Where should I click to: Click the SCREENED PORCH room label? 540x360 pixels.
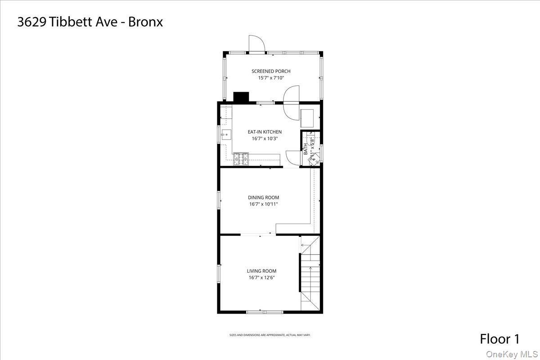(x=271, y=71)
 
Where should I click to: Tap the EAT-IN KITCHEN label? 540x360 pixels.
(x=265, y=132)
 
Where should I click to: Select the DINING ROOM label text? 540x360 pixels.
(x=263, y=197)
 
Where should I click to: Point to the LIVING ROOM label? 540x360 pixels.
(x=261, y=271)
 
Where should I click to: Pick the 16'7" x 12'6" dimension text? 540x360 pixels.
(x=261, y=278)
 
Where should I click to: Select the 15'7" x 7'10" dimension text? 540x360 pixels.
(x=271, y=78)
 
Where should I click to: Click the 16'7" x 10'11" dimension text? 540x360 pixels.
(x=263, y=204)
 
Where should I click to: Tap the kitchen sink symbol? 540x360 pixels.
(x=226, y=133)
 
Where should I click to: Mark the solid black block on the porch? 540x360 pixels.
(x=241, y=97)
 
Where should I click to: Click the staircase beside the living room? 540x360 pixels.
(x=310, y=274)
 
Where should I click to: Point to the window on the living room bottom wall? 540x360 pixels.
(x=264, y=312)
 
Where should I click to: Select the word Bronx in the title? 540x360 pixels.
(x=145, y=22)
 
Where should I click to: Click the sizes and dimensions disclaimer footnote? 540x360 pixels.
(x=270, y=335)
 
